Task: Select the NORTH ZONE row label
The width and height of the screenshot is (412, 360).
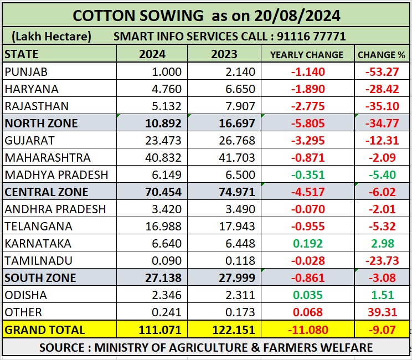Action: tap(41, 123)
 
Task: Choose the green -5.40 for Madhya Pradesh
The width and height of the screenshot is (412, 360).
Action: tap(382, 175)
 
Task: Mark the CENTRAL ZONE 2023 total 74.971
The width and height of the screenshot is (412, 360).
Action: tap(235, 192)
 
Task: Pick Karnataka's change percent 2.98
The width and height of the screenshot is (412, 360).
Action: tap(384, 244)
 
